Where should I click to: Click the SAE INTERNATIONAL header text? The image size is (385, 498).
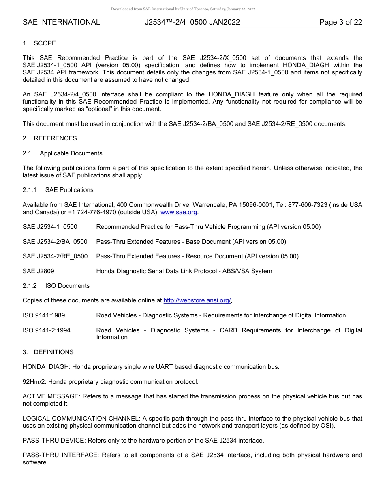tap(61, 22)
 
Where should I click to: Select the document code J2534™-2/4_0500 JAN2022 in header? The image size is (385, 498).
tap(192, 22)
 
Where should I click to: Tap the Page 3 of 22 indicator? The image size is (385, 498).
tap(340, 22)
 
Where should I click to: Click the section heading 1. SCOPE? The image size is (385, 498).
tap(39, 43)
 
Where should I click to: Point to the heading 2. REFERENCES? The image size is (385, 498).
tap(49, 138)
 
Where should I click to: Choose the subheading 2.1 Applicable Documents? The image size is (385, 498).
tap(62, 153)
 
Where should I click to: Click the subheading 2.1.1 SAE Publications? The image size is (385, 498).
tap(58, 190)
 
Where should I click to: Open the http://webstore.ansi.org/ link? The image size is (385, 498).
tap(197, 300)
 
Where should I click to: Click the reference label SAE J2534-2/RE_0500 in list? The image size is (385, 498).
tap(55, 256)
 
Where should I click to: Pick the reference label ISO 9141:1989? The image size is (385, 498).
tap(44, 315)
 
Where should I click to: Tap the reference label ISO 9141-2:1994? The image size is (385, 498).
tap(47, 330)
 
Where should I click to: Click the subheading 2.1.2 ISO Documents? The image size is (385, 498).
tap(56, 286)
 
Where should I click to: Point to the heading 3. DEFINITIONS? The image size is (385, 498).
tap(48, 352)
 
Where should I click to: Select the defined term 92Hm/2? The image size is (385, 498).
tap(33, 382)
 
